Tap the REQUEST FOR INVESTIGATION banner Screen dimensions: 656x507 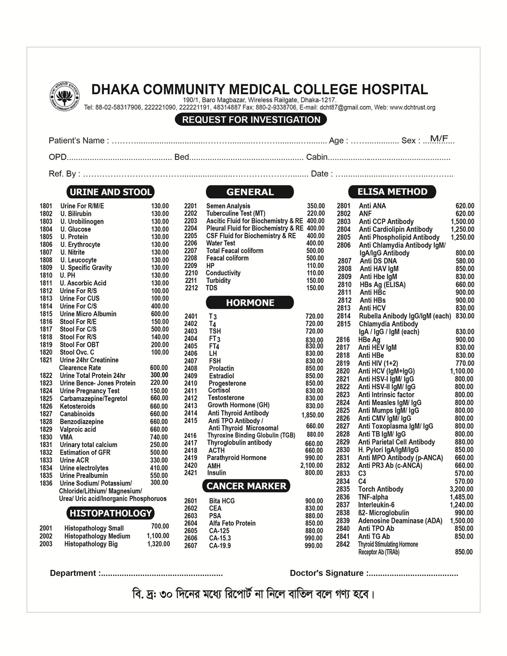tap(251, 120)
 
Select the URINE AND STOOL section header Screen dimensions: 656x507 tap(111, 192)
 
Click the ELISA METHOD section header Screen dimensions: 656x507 tap(392, 192)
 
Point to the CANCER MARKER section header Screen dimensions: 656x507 tap(246, 486)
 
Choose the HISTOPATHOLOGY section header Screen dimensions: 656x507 tap(111, 513)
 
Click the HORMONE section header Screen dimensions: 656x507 tap(250, 303)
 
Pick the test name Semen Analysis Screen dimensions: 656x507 tap(228, 206)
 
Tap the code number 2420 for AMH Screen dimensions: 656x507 tap(191, 465)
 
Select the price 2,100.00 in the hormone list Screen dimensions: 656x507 tap(311, 465)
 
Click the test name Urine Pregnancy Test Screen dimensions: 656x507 tap(90, 391)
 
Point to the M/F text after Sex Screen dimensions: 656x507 tap(439, 138)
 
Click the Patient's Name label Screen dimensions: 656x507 tap(78, 140)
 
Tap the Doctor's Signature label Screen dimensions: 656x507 tap(327, 573)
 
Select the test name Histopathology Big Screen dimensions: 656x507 tap(91, 544)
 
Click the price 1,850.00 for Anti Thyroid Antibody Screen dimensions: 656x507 tap(312, 415)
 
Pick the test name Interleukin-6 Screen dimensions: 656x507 tap(376, 505)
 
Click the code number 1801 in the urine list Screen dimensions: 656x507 tap(46, 206)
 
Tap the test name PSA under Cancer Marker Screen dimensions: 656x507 tap(215, 516)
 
